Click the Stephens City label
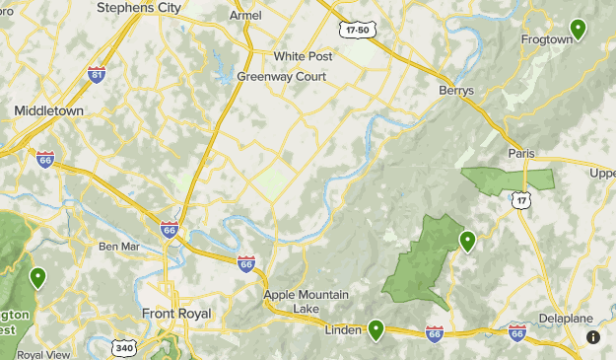pyautogui.click(x=139, y=8)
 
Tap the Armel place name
pyautogui.click(x=245, y=16)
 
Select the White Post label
pyautogui.click(x=304, y=56)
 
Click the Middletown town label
pyautogui.click(x=48, y=111)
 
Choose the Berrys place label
pyautogui.click(x=456, y=90)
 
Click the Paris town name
pyautogui.click(x=520, y=153)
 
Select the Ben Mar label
pyautogui.click(x=119, y=247)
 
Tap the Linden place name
pyautogui.click(x=344, y=330)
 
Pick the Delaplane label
pyautogui.click(x=564, y=319)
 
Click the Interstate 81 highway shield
pyautogui.click(x=97, y=75)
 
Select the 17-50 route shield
pyautogui.click(x=356, y=31)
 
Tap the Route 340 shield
pyautogui.click(x=124, y=348)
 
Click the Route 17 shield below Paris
pyautogui.click(x=520, y=200)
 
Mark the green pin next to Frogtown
pyautogui.click(x=578, y=29)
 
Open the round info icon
pyautogui.click(x=593, y=337)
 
